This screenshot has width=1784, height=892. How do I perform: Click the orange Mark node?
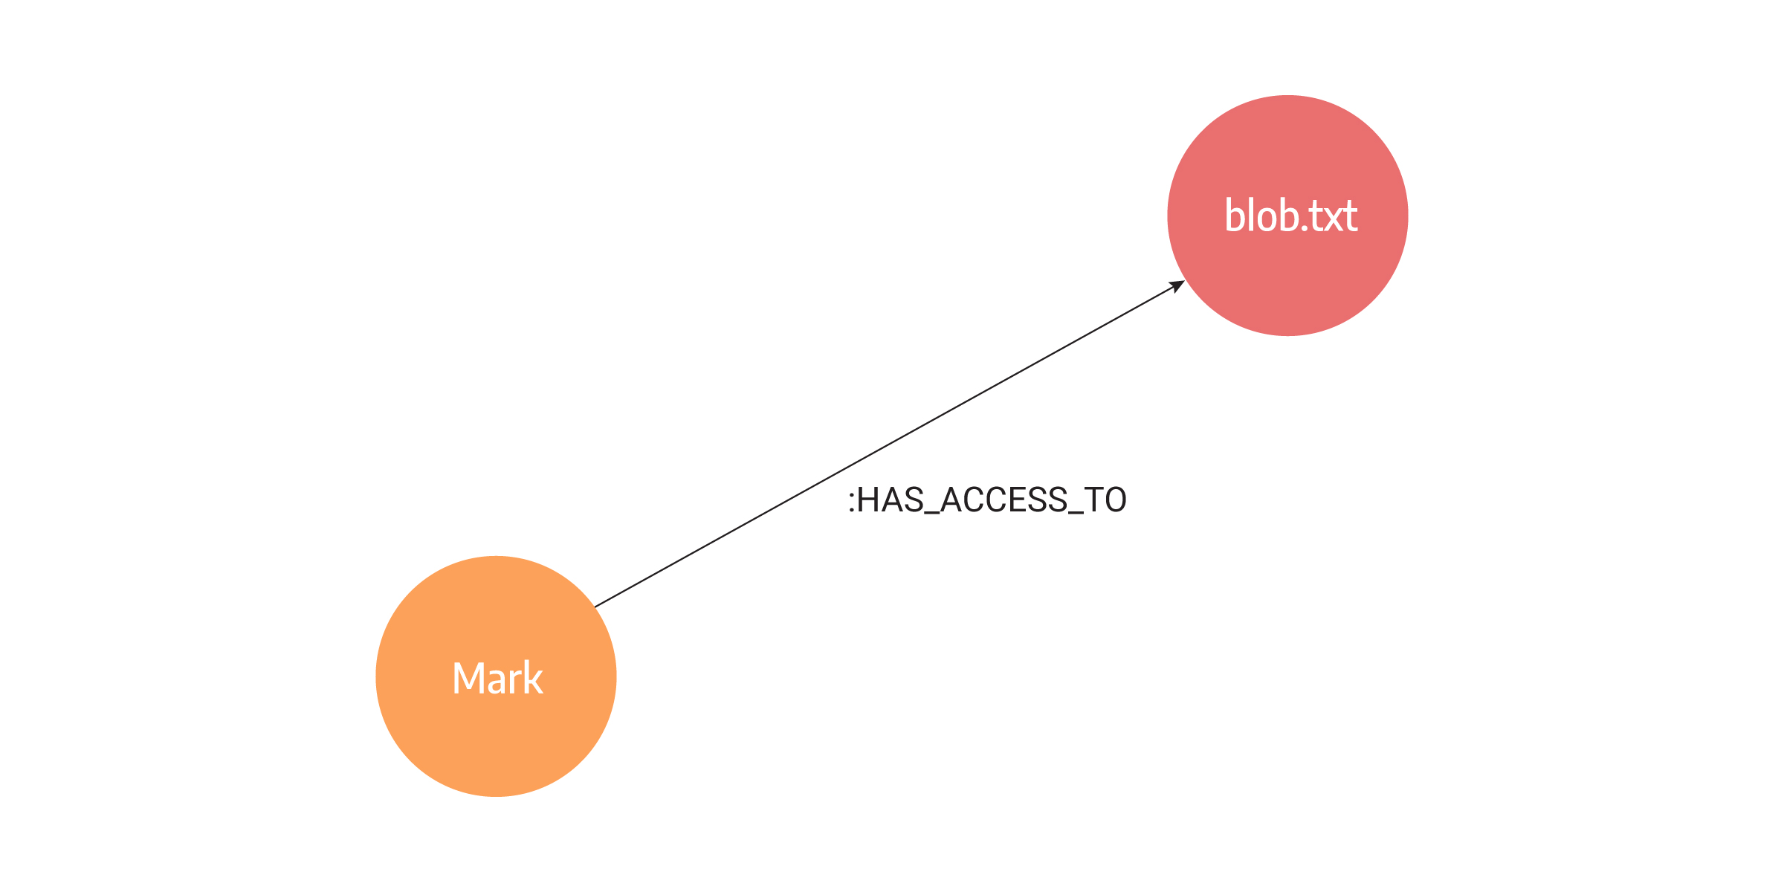(496, 676)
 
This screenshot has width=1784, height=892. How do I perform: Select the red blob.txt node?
(1287, 216)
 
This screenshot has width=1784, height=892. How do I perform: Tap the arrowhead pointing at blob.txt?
(1177, 286)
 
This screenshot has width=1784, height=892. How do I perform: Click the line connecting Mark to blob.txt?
(890, 444)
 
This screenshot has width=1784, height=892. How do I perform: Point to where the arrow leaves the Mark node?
(595, 607)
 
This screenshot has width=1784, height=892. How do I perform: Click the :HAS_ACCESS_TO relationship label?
(987, 500)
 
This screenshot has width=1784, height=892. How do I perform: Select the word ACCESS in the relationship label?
(1004, 500)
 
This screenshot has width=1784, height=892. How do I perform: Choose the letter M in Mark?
(469, 678)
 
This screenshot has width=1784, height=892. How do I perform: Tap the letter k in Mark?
(534, 676)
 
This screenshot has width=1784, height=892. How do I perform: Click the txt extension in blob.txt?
(1333, 216)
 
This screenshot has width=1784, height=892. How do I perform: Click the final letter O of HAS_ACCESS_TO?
(1115, 500)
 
